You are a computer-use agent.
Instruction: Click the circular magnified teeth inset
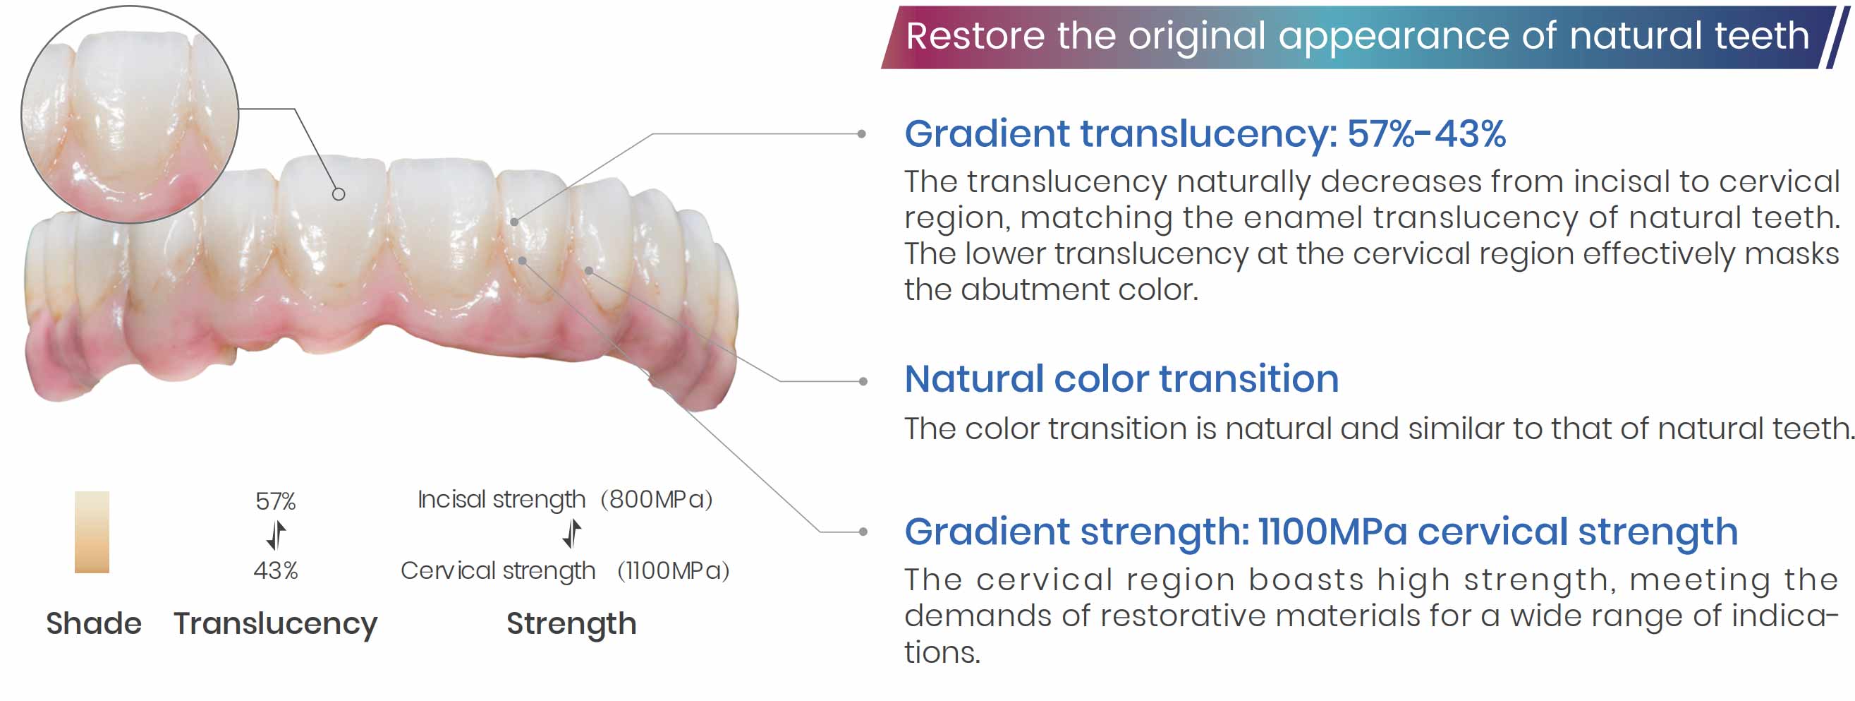130,114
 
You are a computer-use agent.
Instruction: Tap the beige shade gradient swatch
92,532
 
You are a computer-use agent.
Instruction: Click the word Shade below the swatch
94,623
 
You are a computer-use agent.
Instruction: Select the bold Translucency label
276,624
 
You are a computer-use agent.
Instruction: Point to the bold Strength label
572,624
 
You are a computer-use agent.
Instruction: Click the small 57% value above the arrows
276,501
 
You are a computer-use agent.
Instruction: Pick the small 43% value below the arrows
276,570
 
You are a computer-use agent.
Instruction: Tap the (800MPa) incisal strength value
656,499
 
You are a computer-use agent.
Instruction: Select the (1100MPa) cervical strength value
674,570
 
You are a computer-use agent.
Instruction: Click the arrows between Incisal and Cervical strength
572,534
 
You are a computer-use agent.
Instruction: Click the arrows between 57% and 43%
276,535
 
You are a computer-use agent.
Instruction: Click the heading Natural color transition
1121,379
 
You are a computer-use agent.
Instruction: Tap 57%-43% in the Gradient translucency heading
1427,134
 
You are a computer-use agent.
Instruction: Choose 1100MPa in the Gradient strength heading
1332,532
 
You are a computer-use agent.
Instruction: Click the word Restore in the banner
975,36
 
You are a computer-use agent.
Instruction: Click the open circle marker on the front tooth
339,194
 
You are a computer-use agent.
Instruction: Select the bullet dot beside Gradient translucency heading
861,133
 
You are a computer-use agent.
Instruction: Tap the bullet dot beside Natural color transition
863,381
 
